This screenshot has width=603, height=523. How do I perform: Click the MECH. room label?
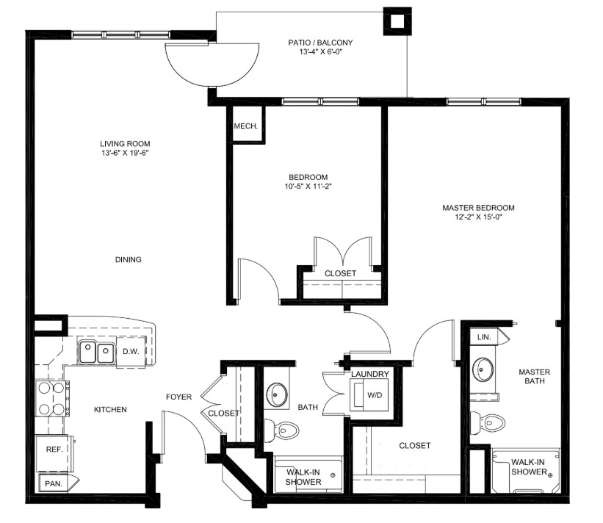coord(246,126)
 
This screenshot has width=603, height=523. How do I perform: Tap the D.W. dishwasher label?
coord(131,352)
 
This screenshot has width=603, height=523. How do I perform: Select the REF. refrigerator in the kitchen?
coord(54,453)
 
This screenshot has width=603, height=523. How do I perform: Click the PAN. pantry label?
coord(54,484)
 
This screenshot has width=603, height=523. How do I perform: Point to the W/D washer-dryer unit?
coord(369,394)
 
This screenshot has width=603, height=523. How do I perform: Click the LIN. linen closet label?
coord(484,337)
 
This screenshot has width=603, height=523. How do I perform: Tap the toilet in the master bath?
coord(487,423)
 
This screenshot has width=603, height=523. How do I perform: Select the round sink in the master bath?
coord(483,369)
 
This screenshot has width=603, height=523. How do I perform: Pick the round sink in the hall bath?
coord(277,394)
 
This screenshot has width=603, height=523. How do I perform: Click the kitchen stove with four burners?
coord(52,398)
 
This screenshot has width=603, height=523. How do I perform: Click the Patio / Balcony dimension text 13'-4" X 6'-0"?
coord(320,51)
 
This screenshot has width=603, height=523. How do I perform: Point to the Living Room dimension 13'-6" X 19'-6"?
coord(125,153)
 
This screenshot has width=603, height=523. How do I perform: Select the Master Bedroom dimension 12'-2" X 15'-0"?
coord(478,217)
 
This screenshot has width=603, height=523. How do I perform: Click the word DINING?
coord(128,259)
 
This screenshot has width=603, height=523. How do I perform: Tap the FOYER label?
coord(178,397)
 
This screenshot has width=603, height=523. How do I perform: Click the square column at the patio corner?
coord(397,21)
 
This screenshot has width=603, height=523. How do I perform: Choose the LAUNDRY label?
coord(370,374)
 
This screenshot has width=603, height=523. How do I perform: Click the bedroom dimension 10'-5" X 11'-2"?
coord(308,187)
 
